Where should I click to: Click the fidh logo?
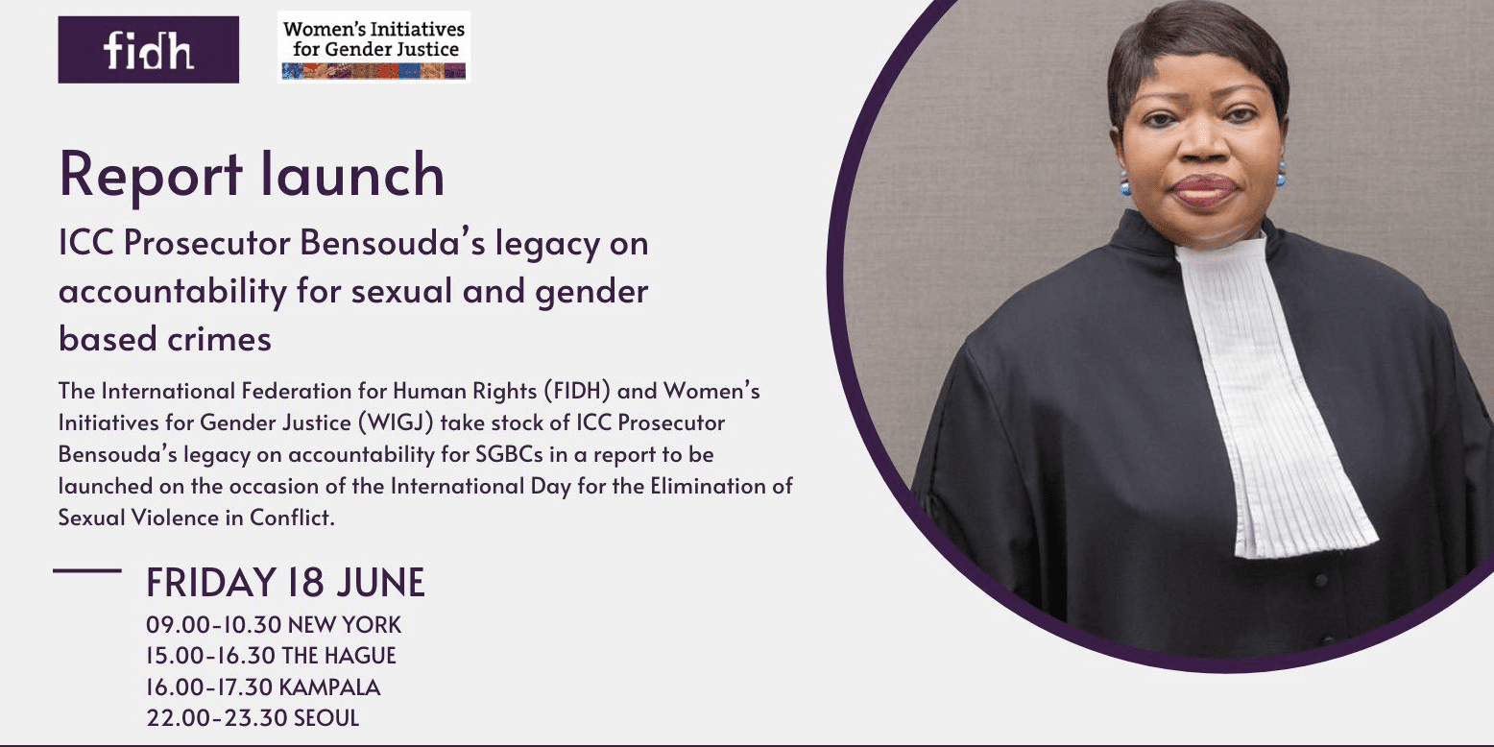(x=148, y=49)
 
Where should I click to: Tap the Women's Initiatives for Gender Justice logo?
(x=374, y=47)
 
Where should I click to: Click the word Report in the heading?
(x=151, y=175)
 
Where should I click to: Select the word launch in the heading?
(x=352, y=174)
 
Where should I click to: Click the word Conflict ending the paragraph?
(x=292, y=518)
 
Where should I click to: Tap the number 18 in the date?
(x=307, y=582)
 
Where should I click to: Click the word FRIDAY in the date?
(x=211, y=582)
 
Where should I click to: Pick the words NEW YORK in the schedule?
(x=345, y=625)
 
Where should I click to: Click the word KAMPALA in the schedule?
(x=329, y=687)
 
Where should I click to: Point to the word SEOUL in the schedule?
(x=326, y=718)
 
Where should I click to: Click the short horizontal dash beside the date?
(x=87, y=571)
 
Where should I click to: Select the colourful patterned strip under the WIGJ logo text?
(x=374, y=71)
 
